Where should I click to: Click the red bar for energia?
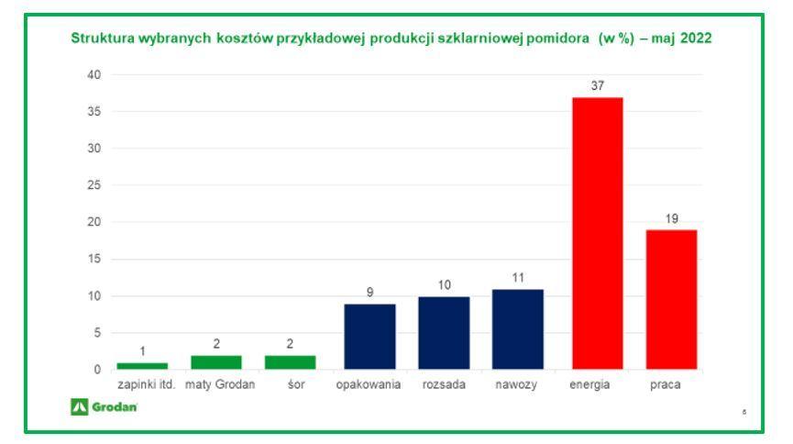click(597, 233)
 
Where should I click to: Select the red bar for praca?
click(671, 299)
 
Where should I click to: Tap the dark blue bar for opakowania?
click(369, 336)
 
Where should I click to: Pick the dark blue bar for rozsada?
click(444, 332)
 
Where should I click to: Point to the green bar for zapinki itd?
click(142, 366)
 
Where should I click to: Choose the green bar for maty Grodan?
click(216, 362)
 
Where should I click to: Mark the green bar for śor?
click(290, 362)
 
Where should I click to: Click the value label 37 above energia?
click(597, 85)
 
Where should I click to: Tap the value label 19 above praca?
click(671, 218)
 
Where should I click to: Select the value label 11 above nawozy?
click(518, 278)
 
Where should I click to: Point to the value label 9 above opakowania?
click(369, 293)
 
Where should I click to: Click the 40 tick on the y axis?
click(94, 74)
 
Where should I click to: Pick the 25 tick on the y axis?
click(94, 185)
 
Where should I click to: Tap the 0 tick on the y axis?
click(97, 370)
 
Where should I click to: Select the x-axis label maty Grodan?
click(220, 385)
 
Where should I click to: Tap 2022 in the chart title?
click(694, 39)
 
